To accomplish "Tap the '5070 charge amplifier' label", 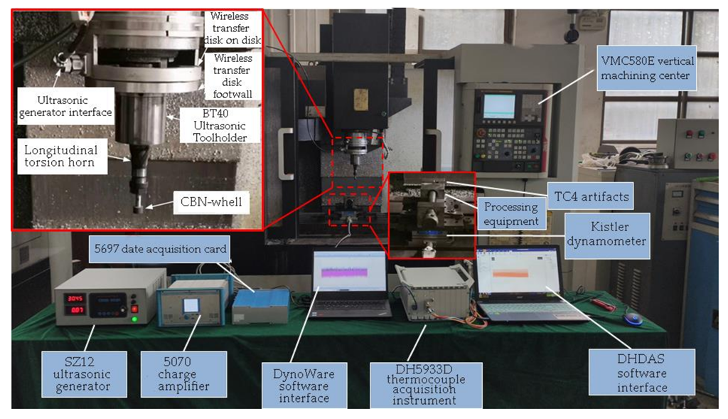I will coord(183,373).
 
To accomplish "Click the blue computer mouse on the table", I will coord(632,318).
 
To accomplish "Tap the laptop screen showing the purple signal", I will coord(348,273).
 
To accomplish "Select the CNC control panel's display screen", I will coord(498,106).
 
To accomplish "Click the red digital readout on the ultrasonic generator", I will coord(75,298).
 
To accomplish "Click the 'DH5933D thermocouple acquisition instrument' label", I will coord(426,385).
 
